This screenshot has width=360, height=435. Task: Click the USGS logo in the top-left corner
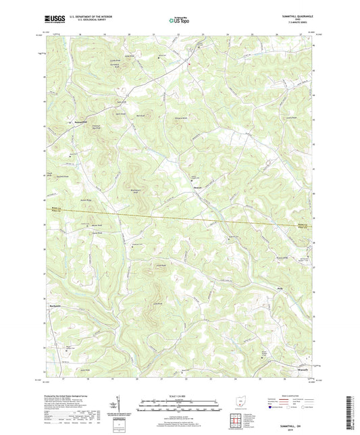click(53, 20)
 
